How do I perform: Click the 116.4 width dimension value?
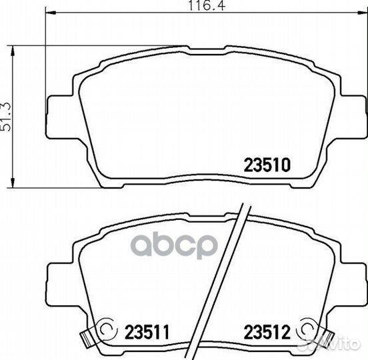(207, 5)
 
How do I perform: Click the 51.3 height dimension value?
(6, 117)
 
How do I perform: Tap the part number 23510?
(267, 165)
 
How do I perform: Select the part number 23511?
(147, 332)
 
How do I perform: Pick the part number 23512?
(267, 332)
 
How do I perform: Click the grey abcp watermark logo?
(174, 245)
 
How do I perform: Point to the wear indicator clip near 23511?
(87, 340)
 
